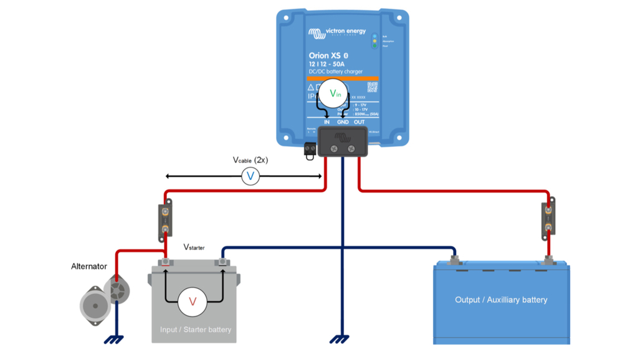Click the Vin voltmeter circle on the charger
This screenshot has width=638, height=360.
click(x=335, y=93)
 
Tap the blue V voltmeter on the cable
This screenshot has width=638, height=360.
click(x=250, y=176)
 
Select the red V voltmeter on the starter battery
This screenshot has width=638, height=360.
click(x=193, y=301)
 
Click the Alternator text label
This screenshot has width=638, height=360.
click(x=89, y=267)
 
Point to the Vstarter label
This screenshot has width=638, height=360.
click(x=194, y=247)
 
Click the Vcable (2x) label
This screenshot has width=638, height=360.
click(x=250, y=160)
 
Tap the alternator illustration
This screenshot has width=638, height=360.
click(x=105, y=301)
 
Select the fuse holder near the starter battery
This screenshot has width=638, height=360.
click(x=165, y=220)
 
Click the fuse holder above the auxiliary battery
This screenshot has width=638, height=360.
click(x=548, y=219)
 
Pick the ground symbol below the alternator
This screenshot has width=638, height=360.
click(x=114, y=339)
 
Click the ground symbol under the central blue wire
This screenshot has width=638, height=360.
click(x=339, y=339)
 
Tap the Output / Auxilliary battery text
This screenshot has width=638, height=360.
click(x=501, y=300)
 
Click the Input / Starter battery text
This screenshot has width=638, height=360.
click(x=196, y=329)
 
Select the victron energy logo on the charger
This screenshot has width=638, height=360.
click(x=337, y=32)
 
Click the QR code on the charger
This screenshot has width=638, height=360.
click(x=372, y=87)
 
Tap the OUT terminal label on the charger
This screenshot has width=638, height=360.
click(x=359, y=122)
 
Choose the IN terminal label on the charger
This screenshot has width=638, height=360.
click(x=326, y=122)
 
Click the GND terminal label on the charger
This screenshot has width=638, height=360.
click(x=343, y=122)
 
